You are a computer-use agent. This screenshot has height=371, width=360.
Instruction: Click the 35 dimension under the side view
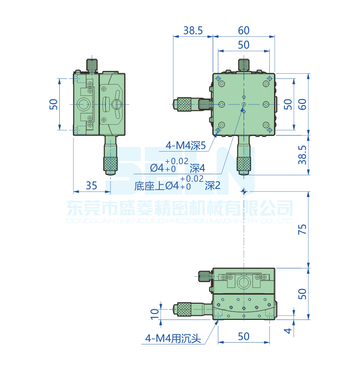coord(91,185)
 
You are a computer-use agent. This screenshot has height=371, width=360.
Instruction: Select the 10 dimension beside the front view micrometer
coord(154,313)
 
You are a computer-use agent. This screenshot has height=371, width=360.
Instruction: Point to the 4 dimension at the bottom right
coord(287,330)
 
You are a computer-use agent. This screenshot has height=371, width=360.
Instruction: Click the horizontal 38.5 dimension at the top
coord(193,31)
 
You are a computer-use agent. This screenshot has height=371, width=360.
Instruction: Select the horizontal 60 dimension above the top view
coord(243,31)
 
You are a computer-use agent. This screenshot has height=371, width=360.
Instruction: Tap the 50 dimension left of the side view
coord(53,104)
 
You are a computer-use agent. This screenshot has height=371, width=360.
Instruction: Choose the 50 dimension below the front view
coord(243,336)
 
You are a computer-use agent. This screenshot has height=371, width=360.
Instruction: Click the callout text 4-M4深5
coord(185,146)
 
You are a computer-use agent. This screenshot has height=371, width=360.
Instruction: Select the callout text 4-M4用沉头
coord(172,338)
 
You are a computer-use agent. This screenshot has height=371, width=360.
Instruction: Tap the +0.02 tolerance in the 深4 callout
coord(177,161)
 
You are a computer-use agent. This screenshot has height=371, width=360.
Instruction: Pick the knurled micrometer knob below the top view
coord(244,164)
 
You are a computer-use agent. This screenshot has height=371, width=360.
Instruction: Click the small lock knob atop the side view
coord(92,65)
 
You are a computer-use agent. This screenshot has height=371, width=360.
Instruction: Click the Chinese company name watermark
coord(180,208)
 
